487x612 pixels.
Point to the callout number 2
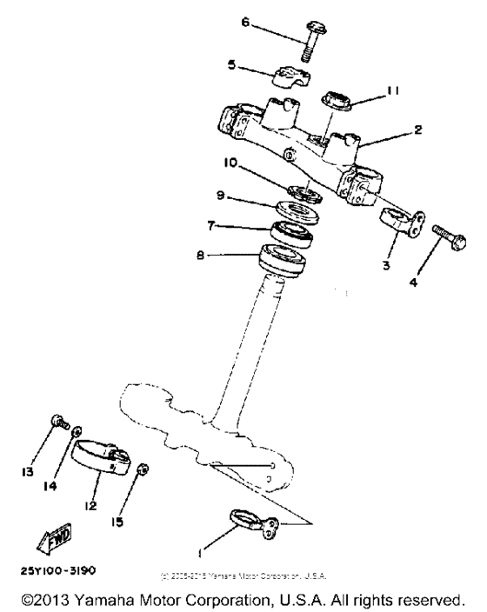coord(418,130)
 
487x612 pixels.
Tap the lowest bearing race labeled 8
coord(282,257)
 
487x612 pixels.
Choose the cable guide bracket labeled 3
coord(401,229)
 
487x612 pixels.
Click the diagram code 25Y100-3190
coord(57,570)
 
